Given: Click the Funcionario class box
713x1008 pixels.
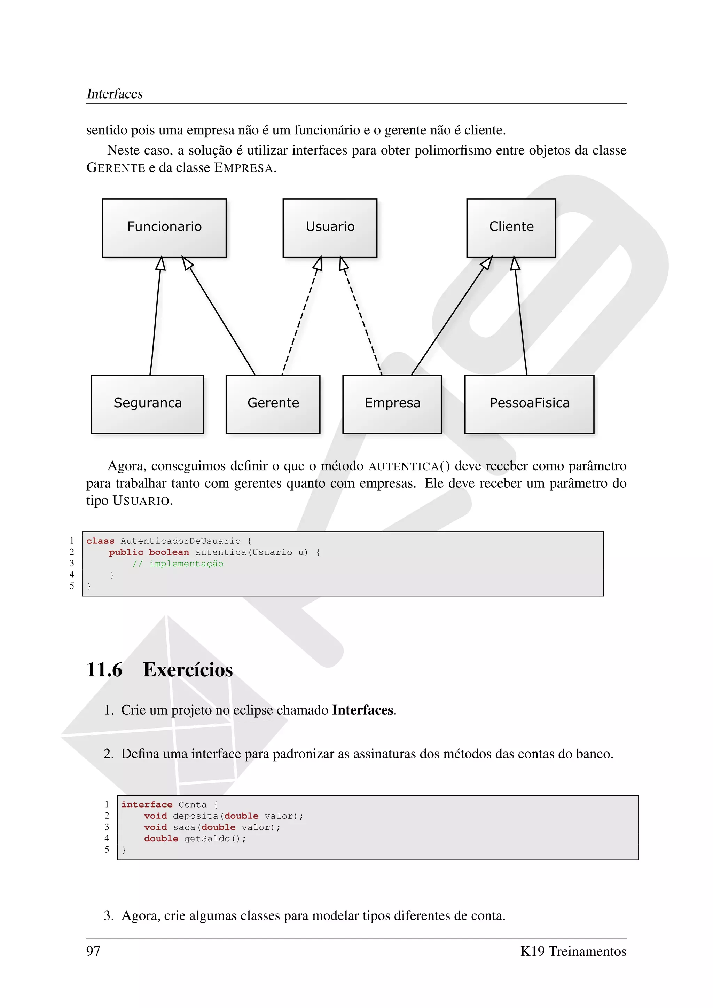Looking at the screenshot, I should [164, 228].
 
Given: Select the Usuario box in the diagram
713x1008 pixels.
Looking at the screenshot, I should [330, 228].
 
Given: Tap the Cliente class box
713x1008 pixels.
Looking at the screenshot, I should [511, 228].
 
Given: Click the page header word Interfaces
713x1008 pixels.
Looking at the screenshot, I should [115, 94].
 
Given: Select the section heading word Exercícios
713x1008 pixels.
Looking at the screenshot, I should [188, 670].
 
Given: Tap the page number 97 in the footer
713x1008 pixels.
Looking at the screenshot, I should [93, 951].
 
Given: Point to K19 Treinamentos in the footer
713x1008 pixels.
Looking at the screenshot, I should [573, 951].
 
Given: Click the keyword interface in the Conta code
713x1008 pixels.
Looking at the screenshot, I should [147, 804].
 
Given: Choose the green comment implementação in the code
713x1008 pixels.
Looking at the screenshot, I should [186, 564].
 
